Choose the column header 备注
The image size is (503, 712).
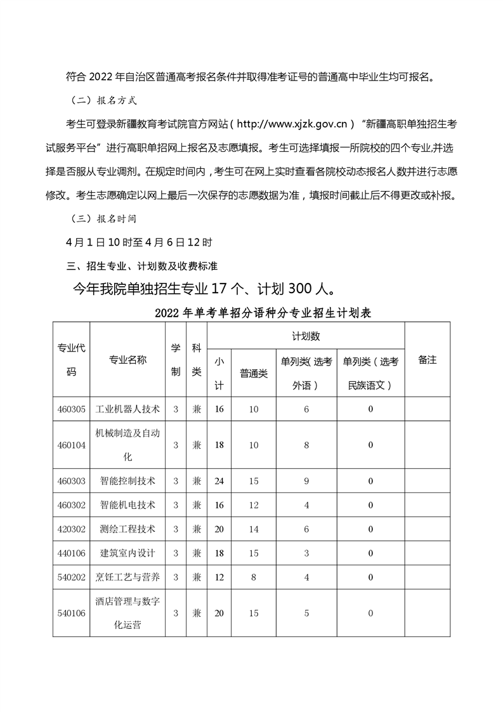(x=428, y=359)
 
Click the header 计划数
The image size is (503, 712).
(x=306, y=335)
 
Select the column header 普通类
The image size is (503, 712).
(x=254, y=373)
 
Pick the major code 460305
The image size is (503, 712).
(x=71, y=409)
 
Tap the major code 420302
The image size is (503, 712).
(x=71, y=529)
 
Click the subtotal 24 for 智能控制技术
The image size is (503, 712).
(x=219, y=480)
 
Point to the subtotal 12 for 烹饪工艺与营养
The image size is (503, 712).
(x=219, y=577)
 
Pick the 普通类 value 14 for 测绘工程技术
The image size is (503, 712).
(x=254, y=529)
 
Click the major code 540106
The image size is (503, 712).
(x=71, y=613)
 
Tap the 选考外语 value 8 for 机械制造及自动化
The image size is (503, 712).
(x=306, y=445)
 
